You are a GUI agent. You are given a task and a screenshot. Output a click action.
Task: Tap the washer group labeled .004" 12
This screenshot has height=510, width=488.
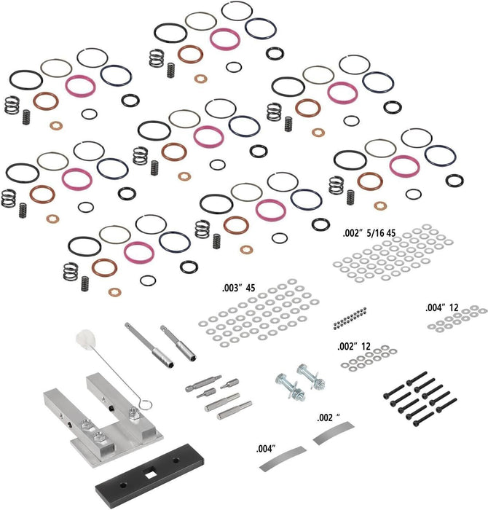pos(455,321)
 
